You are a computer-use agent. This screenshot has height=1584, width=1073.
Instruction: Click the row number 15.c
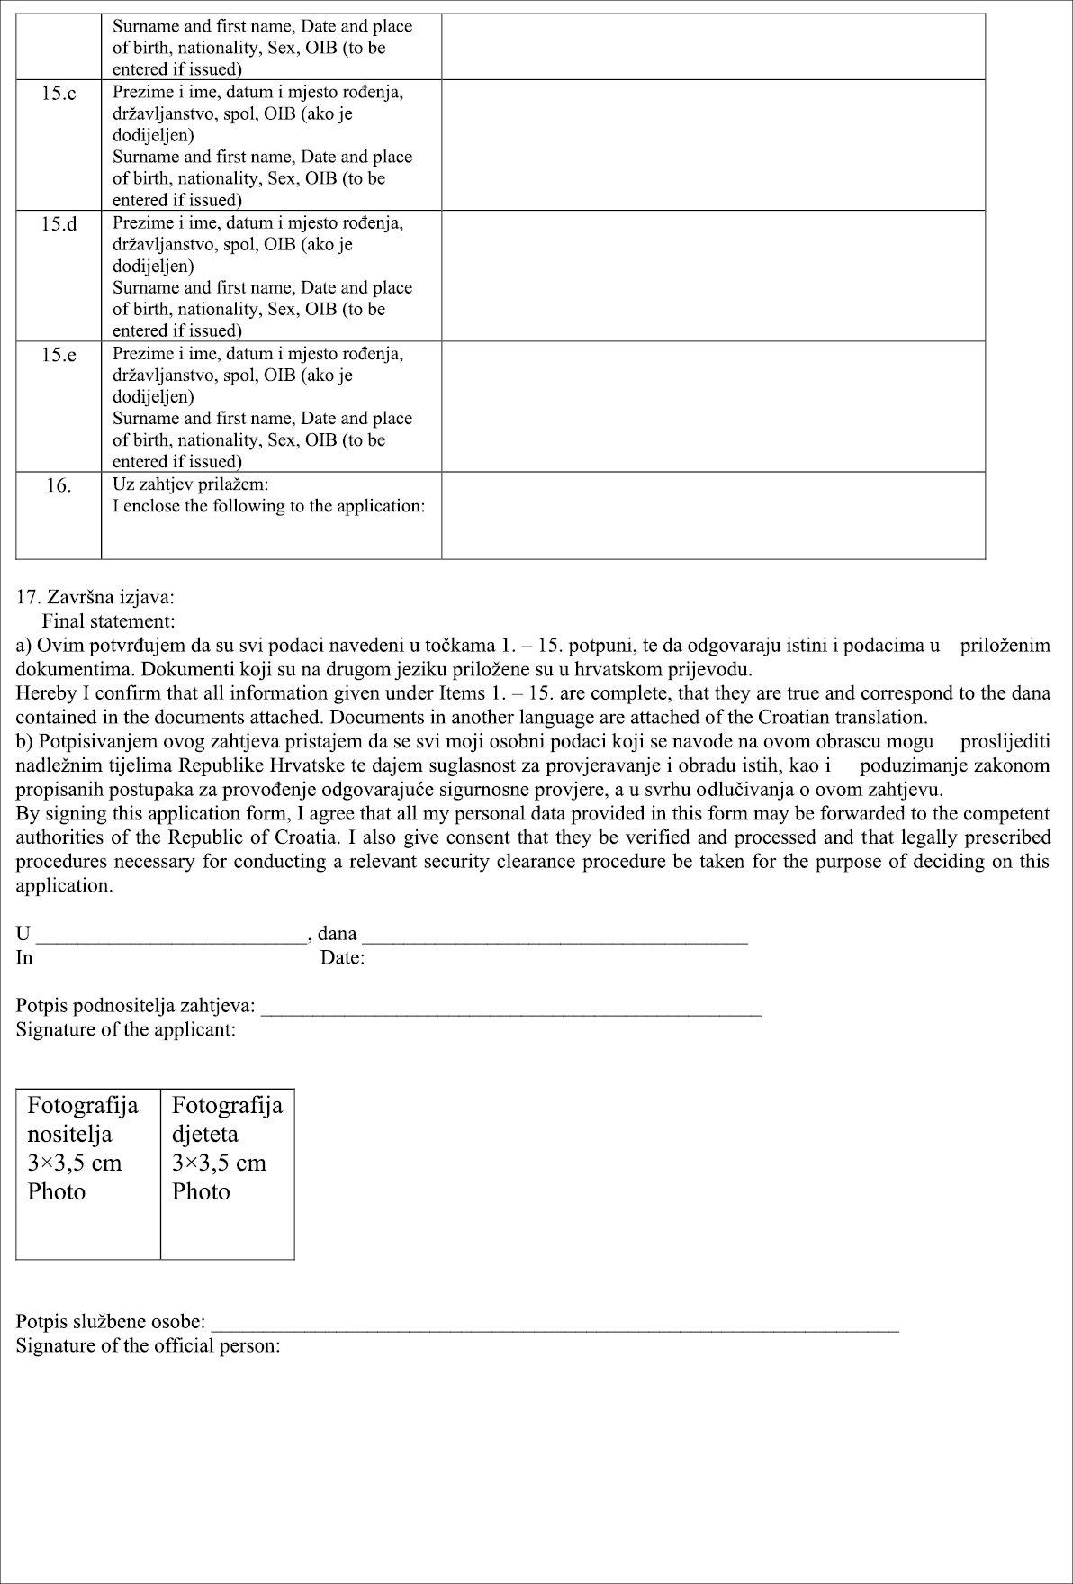click(59, 94)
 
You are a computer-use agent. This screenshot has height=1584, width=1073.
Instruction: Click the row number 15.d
click(59, 224)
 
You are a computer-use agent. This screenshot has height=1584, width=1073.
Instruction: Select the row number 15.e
click(59, 355)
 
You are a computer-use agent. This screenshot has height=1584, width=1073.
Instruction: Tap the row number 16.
click(59, 485)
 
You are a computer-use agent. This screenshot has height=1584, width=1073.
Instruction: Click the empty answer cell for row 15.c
click(713, 145)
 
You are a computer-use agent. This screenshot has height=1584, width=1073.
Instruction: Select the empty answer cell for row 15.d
click(713, 276)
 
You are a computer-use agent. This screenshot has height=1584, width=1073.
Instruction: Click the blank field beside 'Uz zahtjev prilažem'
click(713, 515)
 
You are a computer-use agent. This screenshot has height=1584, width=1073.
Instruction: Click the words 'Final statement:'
click(108, 620)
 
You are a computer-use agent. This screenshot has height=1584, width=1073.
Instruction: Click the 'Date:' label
click(342, 958)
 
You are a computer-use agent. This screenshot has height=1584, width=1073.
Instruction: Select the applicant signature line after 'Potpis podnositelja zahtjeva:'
click(510, 1009)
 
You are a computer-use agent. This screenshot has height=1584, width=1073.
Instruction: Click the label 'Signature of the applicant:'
click(126, 1029)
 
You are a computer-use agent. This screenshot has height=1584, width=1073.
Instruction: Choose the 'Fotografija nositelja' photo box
click(88, 1173)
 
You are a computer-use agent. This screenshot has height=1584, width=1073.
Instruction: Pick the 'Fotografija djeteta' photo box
click(228, 1173)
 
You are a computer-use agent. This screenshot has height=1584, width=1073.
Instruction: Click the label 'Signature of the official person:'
click(149, 1346)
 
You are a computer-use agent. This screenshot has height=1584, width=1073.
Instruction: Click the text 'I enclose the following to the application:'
click(268, 506)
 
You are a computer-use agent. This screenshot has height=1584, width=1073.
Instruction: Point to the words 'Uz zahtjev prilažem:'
click(191, 484)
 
